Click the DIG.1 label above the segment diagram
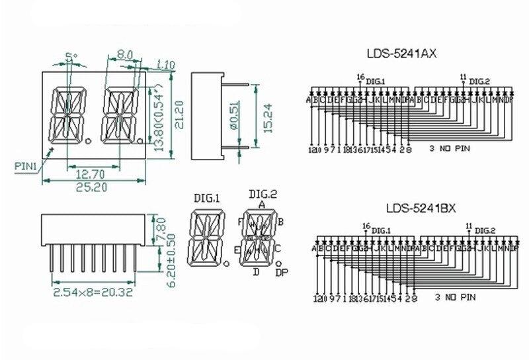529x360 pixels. [x=207, y=197]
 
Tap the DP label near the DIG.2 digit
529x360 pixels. [x=281, y=272]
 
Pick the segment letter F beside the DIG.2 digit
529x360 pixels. [x=240, y=222]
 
